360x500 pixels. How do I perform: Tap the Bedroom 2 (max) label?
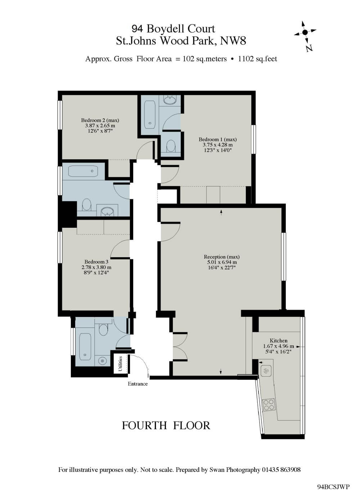tap(100, 120)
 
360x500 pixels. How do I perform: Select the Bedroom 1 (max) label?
tap(218, 139)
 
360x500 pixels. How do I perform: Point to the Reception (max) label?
tap(222, 257)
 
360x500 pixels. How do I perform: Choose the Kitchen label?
tap(279, 341)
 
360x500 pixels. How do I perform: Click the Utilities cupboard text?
tap(120, 364)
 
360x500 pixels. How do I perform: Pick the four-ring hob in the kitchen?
tap(269, 405)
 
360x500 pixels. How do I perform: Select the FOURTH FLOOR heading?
tap(166, 426)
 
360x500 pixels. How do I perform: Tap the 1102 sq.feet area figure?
tap(257, 59)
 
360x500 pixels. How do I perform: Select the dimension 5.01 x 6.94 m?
tap(220, 262)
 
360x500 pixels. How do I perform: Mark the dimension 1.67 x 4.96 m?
tap(279, 346)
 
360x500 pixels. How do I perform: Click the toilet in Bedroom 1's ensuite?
tap(171, 146)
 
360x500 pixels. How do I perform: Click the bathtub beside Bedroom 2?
tap(150, 115)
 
